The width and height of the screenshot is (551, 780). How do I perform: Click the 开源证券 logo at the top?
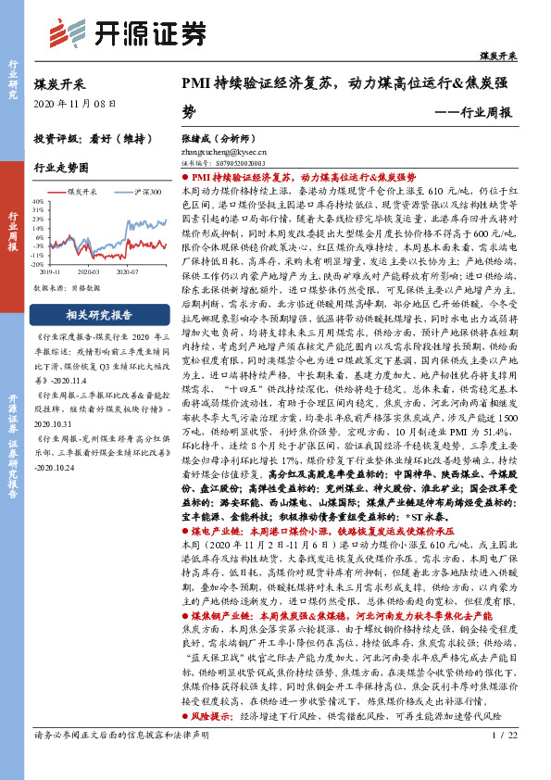pos(125,34)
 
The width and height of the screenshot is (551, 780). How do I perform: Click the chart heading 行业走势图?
pos(61,169)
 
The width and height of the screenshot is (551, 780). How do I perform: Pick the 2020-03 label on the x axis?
pos(89,273)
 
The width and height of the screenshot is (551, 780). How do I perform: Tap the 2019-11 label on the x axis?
pos(50,273)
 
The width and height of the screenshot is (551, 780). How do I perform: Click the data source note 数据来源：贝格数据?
pos(66,289)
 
